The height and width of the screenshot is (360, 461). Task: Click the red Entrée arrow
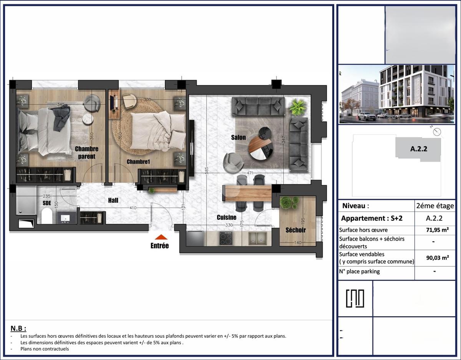(161, 237)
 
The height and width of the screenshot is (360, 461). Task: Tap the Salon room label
(239, 137)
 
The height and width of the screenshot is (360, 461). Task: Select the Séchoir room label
(295, 230)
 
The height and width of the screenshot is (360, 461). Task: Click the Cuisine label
(227, 217)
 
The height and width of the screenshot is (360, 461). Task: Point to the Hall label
(113, 200)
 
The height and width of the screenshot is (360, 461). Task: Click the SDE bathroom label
(47, 203)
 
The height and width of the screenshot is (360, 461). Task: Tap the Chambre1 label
(138, 162)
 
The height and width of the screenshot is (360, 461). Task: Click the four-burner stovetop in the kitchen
(226, 238)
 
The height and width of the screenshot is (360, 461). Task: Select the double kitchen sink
(257, 238)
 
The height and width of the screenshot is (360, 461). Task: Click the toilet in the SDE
(47, 216)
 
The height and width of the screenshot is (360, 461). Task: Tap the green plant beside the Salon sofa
(298, 107)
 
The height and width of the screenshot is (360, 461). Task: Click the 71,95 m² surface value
(438, 230)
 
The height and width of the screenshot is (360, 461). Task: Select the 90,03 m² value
(438, 258)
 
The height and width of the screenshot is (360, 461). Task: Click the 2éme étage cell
(435, 206)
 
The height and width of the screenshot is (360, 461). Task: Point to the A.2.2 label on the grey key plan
(419, 149)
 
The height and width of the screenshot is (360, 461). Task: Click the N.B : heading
(18, 328)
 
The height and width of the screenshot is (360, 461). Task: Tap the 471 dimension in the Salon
(250, 173)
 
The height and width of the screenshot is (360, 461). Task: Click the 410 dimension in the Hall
(133, 208)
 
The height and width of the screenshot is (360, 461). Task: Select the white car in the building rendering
(367, 116)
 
